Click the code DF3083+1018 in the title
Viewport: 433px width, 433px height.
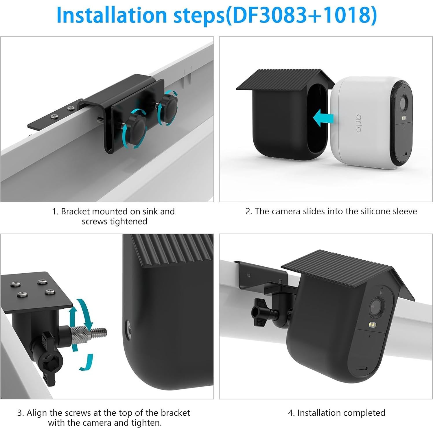pyautogui.click(x=301, y=15)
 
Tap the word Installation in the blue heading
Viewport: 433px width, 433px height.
pyautogui.click(x=111, y=15)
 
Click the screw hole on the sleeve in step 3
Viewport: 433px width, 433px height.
pyautogui.click(x=128, y=327)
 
